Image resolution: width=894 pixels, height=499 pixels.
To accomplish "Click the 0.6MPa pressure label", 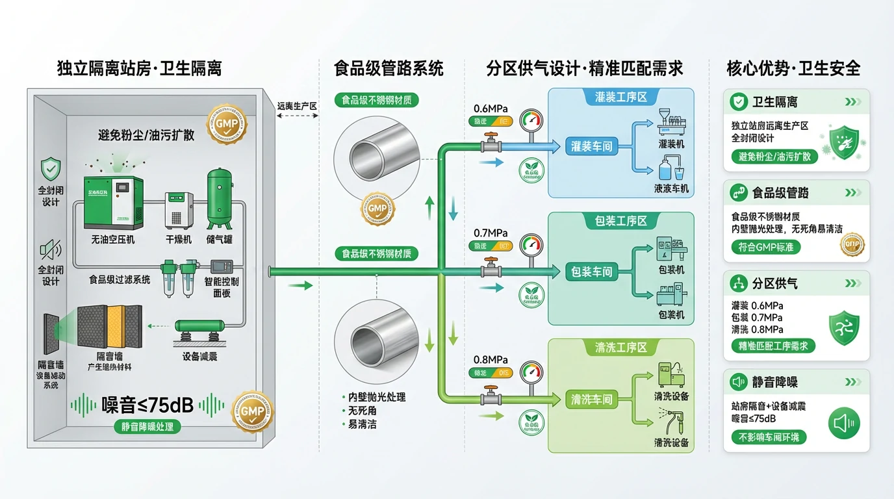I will (x=491, y=109).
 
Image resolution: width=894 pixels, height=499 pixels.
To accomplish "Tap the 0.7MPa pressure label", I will (x=491, y=233).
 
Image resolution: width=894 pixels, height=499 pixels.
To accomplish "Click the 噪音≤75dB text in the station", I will (x=147, y=404).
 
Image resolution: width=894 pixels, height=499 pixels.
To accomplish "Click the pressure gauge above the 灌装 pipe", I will (x=531, y=121).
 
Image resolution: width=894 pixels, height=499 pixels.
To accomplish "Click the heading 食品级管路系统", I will (x=389, y=68).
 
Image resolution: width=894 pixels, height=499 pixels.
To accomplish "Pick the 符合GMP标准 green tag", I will (x=766, y=247).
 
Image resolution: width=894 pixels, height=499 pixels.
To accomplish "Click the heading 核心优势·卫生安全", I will (x=793, y=68).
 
